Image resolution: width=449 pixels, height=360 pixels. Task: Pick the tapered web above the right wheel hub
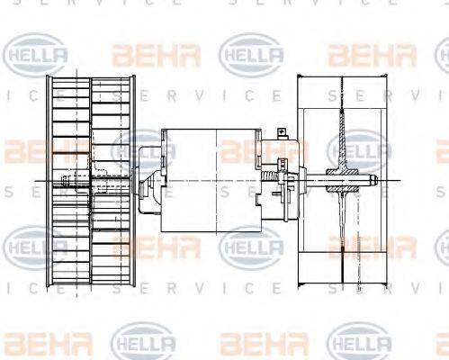point(343,135)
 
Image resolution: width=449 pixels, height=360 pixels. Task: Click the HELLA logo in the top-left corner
point(36,55)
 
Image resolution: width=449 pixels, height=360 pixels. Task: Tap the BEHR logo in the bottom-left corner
point(36,343)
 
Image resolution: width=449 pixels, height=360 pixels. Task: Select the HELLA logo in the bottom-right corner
point(360,343)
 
